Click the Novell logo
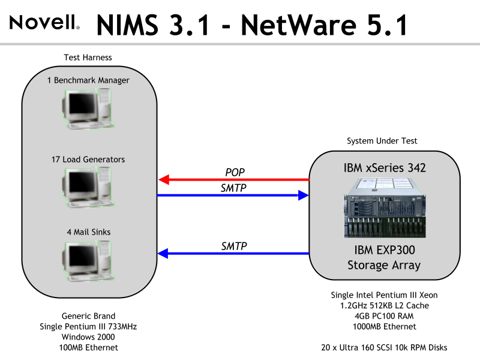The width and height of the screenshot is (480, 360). coord(44,23)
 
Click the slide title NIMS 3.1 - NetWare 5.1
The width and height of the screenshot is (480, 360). coord(252,25)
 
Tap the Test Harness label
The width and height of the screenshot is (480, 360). coord(88,58)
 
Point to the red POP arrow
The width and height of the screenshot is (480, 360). coord(233,179)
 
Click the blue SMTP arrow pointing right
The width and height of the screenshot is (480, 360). coord(233,195)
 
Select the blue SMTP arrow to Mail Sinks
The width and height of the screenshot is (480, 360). coord(233,254)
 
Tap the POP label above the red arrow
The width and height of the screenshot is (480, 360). coord(235,172)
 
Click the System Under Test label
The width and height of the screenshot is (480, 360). coord(382,141)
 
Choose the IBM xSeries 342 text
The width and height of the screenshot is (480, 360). coord(384,168)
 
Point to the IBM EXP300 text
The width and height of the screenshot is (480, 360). coord(384,250)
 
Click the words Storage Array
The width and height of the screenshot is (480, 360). coord(384,265)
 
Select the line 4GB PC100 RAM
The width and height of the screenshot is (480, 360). coord(384,316)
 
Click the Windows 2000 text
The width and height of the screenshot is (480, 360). coord(88,337)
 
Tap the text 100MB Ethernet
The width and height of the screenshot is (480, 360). coord(88,347)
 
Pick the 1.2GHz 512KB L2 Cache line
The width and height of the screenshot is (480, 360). coord(384,305)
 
